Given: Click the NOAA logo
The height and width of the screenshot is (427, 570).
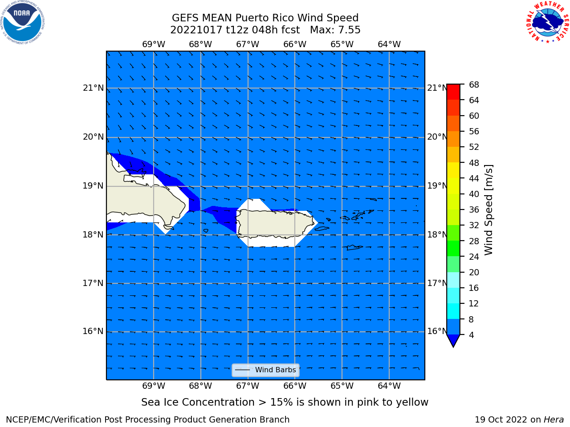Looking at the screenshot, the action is coord(22,23).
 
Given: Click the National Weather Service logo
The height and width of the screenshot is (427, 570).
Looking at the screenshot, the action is coord(547,22).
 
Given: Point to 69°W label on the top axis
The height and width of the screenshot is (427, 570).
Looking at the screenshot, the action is coord(154,44).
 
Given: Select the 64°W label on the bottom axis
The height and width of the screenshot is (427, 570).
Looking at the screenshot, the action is coord(389,386).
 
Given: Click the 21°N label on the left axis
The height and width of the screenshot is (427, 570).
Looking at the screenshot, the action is coord(93,88).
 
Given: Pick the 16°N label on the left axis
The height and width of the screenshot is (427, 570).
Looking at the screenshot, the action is coord(93,331).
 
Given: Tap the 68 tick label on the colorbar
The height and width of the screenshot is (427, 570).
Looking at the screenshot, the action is coord(474,85).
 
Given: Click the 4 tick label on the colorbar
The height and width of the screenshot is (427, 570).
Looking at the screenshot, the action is coord(471,335).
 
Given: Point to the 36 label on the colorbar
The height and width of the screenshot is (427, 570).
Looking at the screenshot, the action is coord(474,209).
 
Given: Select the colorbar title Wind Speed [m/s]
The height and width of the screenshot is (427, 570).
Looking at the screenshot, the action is coord(489,210).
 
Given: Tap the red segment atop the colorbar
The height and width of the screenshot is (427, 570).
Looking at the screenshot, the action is coord(453,92).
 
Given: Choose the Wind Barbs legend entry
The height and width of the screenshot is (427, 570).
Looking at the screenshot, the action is coord(265,370).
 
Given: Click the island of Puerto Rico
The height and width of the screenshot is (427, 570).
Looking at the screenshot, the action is coord(275,223).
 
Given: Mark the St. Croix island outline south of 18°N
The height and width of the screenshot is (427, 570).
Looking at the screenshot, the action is coord(354,248).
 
